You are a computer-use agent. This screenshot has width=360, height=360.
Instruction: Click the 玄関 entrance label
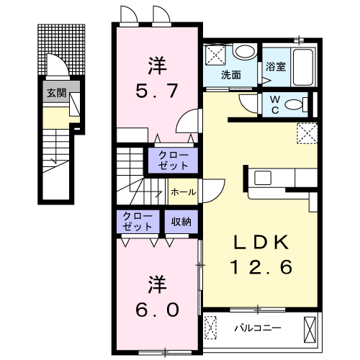click(55, 91)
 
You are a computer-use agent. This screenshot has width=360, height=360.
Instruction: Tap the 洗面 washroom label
click(230, 74)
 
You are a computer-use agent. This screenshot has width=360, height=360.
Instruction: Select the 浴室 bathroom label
click(276, 66)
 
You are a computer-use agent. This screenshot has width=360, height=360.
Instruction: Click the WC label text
click(275, 105)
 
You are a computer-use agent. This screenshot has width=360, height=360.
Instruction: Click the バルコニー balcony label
click(256, 328)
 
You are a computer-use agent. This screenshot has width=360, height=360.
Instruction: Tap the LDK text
click(261, 243)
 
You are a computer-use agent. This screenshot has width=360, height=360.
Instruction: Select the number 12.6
click(261, 268)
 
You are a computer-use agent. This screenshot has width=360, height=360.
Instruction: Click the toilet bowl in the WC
click(294, 105)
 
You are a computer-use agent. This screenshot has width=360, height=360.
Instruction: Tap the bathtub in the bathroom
click(303, 67)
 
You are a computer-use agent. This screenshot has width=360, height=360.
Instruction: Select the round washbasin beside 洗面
click(246, 52)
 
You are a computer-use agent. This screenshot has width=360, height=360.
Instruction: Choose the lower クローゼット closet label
click(138, 221)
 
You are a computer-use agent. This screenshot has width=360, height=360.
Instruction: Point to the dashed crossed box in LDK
click(307, 132)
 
